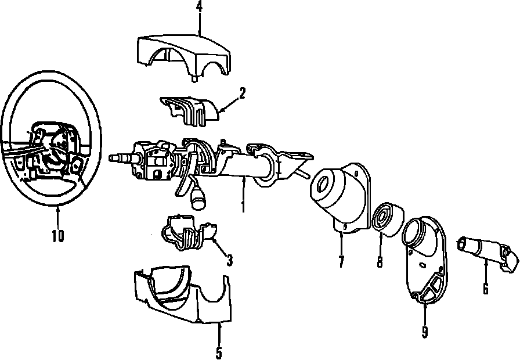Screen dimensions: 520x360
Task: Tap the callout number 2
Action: [241, 92]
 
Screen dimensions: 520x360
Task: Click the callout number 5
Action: [219, 352]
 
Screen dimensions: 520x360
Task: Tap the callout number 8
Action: [380, 261]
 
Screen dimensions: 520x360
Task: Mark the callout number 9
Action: [425, 332]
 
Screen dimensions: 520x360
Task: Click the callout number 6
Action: [485, 287]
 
